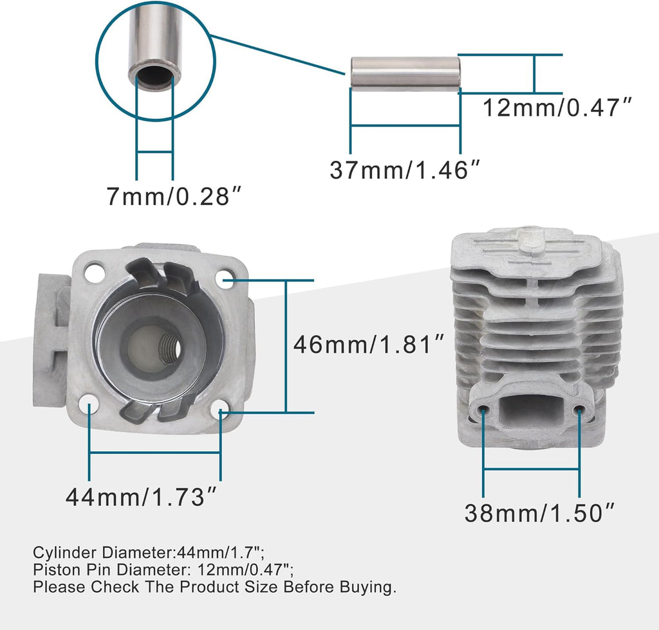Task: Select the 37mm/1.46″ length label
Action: [x=405, y=170]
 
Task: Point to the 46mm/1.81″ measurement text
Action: [x=369, y=345]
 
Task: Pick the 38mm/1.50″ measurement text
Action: [x=540, y=512]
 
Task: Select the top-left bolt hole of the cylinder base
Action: [x=95, y=272]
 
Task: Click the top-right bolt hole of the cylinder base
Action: [x=224, y=276]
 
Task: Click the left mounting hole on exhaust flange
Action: [x=483, y=410]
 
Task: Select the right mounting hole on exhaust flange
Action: [x=579, y=411]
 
